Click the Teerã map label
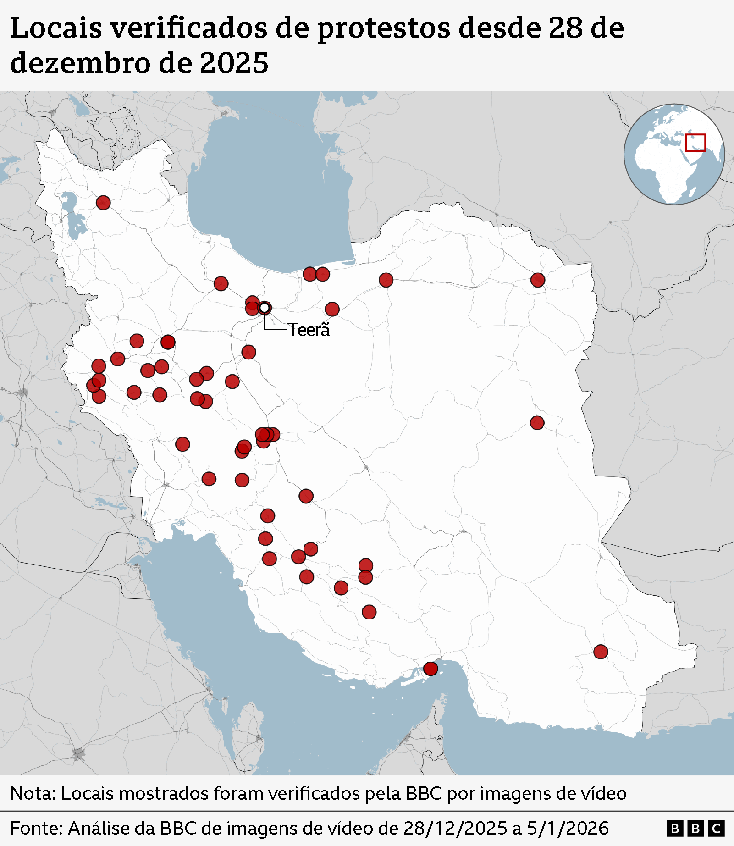[x=309, y=330]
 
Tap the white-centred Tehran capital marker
[x=265, y=308]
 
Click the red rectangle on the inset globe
[x=695, y=143]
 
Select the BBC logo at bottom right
[x=695, y=829]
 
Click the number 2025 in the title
[x=234, y=63]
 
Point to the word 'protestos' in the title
[x=383, y=28]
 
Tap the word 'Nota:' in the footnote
[x=33, y=793]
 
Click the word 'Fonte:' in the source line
[x=36, y=828]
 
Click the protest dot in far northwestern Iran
[x=103, y=202]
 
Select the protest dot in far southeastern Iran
[x=601, y=652]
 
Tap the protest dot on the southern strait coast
[x=430, y=669]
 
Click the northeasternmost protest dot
[x=538, y=280]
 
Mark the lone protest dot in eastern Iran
[x=537, y=423]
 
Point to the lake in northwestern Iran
[x=72, y=216]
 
